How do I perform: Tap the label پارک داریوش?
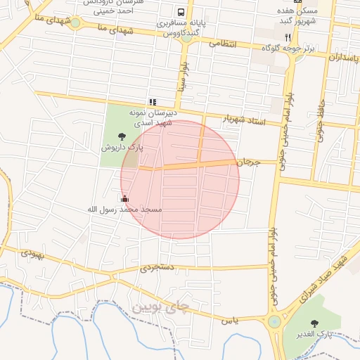tap(121, 148)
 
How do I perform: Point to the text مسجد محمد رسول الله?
tap(124, 210)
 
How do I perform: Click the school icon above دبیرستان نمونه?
tap(153, 102)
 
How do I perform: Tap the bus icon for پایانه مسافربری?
tap(181, 12)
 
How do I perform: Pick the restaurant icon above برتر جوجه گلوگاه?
tap(288, 37)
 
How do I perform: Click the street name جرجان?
tap(248, 162)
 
